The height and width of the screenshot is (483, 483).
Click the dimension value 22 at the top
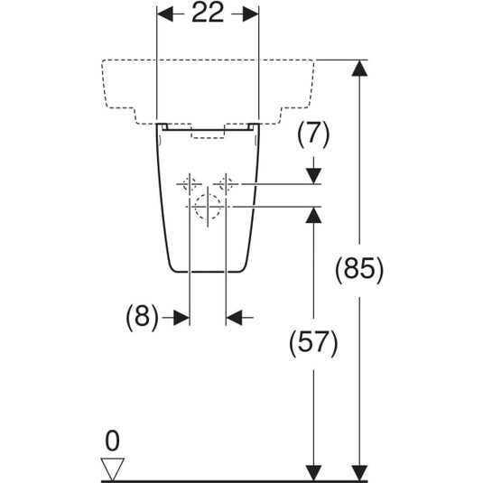click(208, 13)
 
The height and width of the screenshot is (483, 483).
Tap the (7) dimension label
click(313, 135)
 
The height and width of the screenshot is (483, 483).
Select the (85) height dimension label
click(359, 270)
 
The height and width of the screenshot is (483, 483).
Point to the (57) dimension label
click(313, 343)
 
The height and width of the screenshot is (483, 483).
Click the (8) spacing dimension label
click(142, 317)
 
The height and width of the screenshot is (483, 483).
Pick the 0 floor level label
click(112, 441)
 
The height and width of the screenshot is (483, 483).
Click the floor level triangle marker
click(113, 469)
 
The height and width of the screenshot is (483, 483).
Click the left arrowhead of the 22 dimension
click(165, 14)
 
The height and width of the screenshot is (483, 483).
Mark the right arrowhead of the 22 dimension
click(250, 14)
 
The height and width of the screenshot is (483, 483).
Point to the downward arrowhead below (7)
click(313, 176)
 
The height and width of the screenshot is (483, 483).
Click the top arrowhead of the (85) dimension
click(359, 68)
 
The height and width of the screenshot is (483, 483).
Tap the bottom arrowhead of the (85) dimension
click(359, 472)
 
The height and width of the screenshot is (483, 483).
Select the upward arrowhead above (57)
click(313, 215)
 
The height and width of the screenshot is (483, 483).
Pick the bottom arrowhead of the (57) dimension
click(313, 472)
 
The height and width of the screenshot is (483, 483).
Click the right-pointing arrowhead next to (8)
click(181, 317)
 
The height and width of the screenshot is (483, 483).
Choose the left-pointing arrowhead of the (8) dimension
click(234, 317)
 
